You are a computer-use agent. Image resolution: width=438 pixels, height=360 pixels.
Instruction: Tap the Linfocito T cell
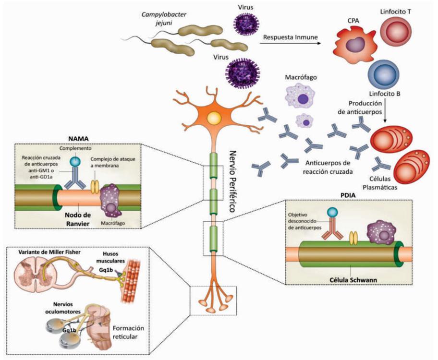[x=398, y=29]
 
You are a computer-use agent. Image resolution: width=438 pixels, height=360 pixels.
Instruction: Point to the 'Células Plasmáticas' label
[x=379, y=182]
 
